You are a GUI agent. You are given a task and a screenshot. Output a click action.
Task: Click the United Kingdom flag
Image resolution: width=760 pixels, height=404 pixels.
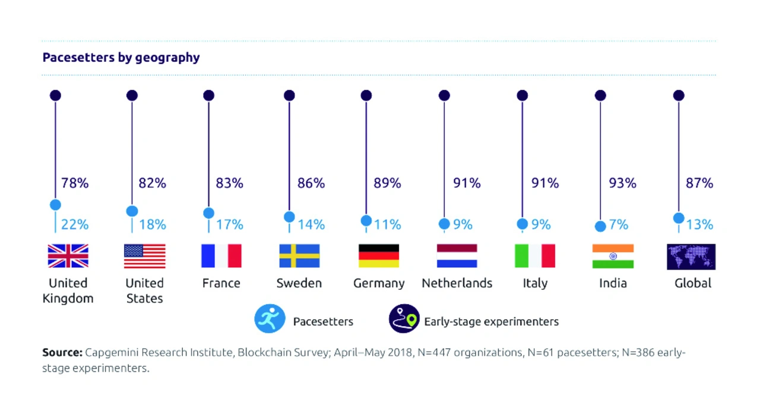click(68, 255)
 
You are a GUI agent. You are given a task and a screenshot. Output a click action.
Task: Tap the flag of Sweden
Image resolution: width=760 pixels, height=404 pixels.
click(299, 255)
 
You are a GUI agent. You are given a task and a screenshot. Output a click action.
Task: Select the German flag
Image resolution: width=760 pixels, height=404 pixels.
click(379, 255)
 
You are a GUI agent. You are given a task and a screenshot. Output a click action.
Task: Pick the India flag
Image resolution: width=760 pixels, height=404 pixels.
click(613, 255)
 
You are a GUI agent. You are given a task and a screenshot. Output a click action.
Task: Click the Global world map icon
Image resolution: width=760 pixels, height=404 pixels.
click(691, 256)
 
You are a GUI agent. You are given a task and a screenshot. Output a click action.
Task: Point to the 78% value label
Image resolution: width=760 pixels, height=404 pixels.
click(75, 184)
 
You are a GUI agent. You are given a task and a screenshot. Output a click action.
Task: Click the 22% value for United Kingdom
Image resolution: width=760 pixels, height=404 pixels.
click(75, 225)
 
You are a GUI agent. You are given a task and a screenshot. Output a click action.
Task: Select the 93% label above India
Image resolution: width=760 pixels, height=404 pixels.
click(622, 184)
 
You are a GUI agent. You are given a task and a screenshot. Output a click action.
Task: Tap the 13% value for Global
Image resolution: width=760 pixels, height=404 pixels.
click(699, 225)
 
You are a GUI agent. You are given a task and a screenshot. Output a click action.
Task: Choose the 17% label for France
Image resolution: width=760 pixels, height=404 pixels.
click(229, 225)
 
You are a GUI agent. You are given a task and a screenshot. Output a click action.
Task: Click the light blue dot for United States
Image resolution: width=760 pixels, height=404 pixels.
click(132, 211)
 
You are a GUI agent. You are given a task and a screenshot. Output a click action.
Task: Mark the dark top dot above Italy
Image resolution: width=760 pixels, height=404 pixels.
click(522, 96)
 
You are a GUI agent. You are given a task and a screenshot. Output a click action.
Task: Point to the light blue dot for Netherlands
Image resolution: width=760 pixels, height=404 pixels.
click(444, 224)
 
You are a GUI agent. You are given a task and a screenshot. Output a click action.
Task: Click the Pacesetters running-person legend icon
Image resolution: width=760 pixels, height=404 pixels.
click(270, 319)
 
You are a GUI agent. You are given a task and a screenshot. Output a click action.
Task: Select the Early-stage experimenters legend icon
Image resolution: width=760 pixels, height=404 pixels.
click(404, 319)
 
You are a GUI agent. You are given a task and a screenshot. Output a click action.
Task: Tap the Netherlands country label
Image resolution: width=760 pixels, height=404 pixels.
click(457, 283)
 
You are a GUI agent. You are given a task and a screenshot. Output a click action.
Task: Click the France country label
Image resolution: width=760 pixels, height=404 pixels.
click(221, 283)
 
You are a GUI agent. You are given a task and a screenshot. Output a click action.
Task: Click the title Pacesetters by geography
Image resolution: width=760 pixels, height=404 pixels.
click(121, 58)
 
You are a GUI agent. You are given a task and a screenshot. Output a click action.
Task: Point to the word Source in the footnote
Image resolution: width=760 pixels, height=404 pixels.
click(62, 352)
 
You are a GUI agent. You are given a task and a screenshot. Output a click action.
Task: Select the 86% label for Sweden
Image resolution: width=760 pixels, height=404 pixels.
click(311, 184)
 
